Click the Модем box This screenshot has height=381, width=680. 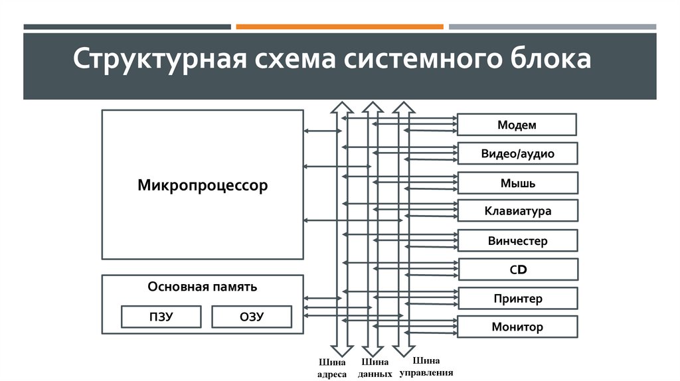click(x=517, y=125)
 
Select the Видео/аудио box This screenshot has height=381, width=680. click(x=517, y=154)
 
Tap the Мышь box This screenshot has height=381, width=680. click(x=517, y=183)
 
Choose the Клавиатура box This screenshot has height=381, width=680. click(x=517, y=212)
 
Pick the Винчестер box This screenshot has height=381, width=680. click(x=517, y=241)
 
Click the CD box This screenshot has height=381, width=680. click(x=517, y=269)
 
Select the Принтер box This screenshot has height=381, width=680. click(x=517, y=299)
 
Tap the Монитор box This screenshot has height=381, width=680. click(x=517, y=327)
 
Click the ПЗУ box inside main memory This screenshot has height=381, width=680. click(x=161, y=317)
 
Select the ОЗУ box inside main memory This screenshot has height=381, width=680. click(x=252, y=317)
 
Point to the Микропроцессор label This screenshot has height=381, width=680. click(x=203, y=185)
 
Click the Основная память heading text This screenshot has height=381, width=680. click(x=203, y=287)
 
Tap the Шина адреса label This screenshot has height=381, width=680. click(x=332, y=368)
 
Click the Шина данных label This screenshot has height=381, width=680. click(x=374, y=368)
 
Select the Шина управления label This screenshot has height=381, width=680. click(x=426, y=367)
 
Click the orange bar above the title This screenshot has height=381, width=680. click(x=339, y=27)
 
